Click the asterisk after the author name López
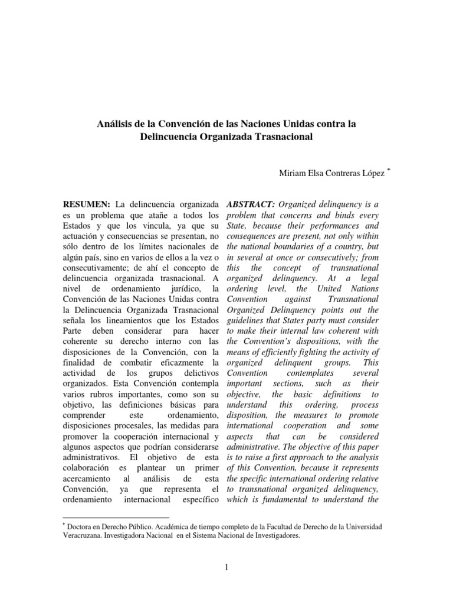point(389,169)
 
